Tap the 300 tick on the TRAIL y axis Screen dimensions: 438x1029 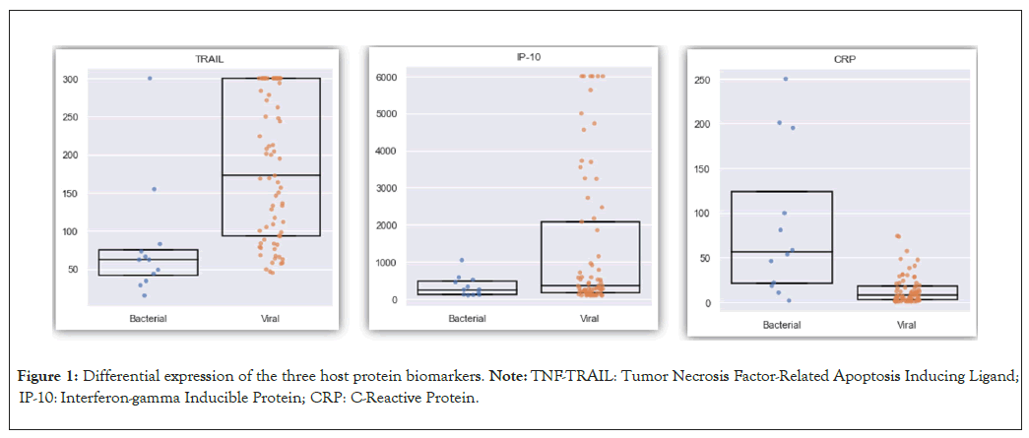click(x=72, y=79)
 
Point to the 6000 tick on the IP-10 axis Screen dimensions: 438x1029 click(x=387, y=76)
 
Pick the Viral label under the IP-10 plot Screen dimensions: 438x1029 click(x=589, y=318)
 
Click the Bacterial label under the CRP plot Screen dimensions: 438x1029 click(x=781, y=325)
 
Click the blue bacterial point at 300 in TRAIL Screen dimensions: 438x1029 click(x=150, y=78)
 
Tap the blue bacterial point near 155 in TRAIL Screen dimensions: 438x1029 click(x=154, y=189)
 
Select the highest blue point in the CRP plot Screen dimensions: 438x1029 click(x=786, y=79)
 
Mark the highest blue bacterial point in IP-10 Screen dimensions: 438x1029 click(x=461, y=260)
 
